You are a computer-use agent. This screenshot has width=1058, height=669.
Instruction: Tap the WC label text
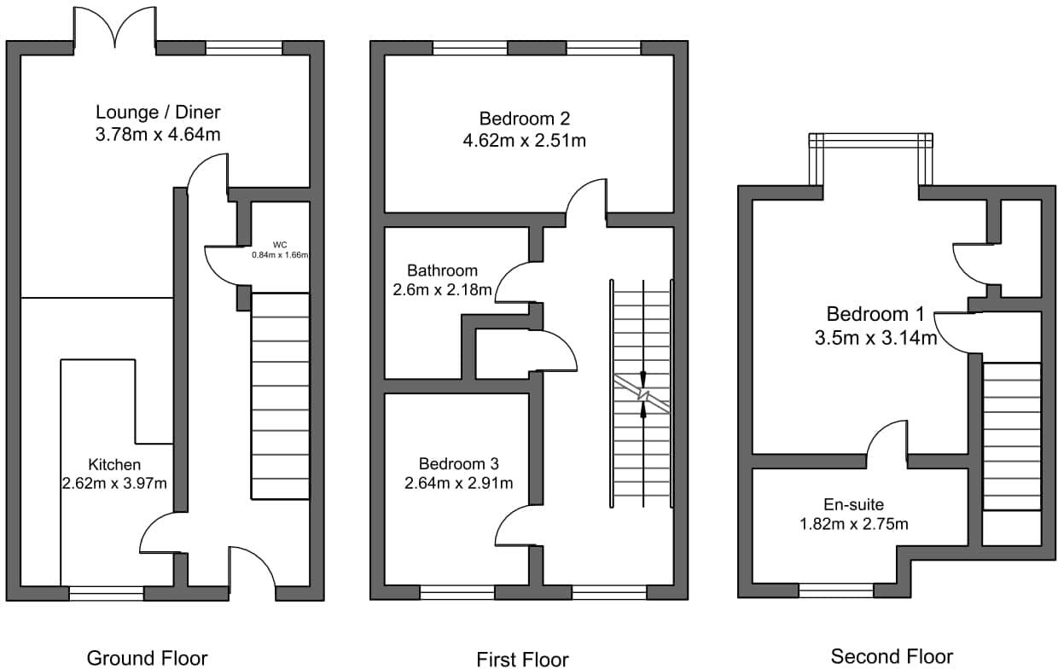point(279,244)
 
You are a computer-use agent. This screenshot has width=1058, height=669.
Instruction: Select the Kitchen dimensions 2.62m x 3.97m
point(114,483)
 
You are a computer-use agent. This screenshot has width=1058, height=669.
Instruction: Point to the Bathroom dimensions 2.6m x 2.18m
point(440,290)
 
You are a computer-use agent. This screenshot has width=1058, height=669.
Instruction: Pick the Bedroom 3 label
point(458,463)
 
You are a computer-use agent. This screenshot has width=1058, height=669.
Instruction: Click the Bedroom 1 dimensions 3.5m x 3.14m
point(875,337)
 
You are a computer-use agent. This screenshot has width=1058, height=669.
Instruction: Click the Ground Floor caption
point(147,657)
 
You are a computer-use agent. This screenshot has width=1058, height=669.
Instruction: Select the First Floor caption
point(522,658)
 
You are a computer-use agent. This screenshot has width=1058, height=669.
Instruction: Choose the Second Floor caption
point(892,655)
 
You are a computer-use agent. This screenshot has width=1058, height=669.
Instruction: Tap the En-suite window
point(836,590)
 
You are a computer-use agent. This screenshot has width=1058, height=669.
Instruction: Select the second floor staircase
point(1011,436)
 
